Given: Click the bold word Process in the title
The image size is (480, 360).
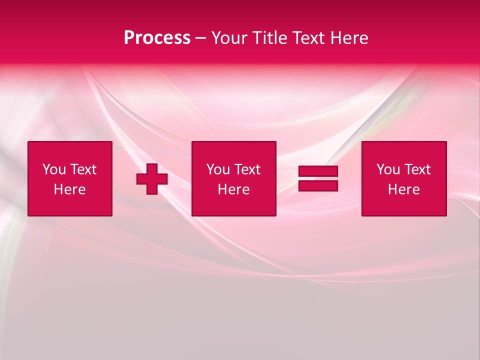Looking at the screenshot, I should [157, 38].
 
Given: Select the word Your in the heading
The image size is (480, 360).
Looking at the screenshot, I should [229, 38].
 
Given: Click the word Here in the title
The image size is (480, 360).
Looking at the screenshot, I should [349, 38].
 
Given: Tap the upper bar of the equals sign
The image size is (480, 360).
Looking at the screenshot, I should [318, 171].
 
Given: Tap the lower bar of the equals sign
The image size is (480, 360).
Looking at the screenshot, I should [318, 186].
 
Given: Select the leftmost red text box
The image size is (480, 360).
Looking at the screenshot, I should [70, 179].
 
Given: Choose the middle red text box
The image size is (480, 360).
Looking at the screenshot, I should [233, 179].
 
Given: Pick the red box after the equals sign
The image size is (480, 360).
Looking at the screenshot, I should [404, 179].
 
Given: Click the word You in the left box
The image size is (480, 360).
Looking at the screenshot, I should [54, 169].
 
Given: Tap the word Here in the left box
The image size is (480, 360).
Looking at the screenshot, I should [70, 189].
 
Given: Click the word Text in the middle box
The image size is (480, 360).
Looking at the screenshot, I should [247, 169].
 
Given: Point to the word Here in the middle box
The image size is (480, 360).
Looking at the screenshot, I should [234, 189].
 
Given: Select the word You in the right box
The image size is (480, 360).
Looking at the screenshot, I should [388, 169].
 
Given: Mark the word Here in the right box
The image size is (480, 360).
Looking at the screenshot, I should [404, 189].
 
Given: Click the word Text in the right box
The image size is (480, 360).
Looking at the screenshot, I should [417, 169].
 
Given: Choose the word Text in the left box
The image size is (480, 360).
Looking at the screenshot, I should [83, 169].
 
